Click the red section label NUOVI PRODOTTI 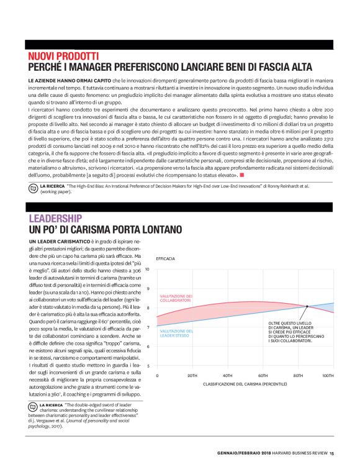click(x=63, y=56)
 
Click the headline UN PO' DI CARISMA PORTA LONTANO click(x=105, y=230)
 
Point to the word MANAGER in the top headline click(x=106, y=67)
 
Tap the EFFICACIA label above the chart click(x=165, y=257)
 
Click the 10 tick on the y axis click(x=148, y=269)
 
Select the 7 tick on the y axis click(x=148, y=327)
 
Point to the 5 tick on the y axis click(x=148, y=366)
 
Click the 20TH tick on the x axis click(x=192, y=376)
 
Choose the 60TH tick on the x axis click(x=263, y=376)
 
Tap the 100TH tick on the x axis click(x=328, y=376)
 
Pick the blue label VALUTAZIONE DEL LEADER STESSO click(x=177, y=334)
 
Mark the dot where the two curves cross click(x=307, y=306)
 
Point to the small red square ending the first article click(x=241, y=176)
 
